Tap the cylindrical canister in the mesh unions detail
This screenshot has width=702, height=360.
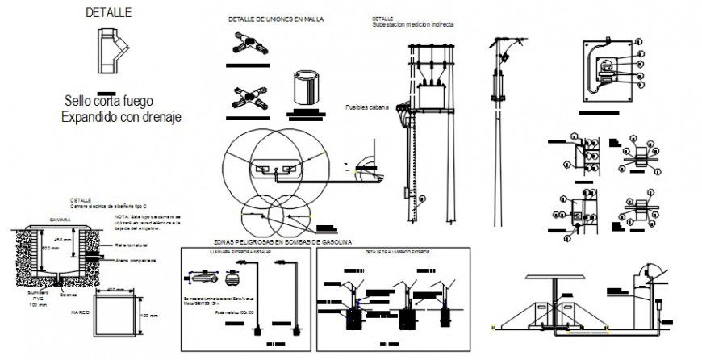[305, 87]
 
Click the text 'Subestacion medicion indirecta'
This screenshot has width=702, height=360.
[413, 25]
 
